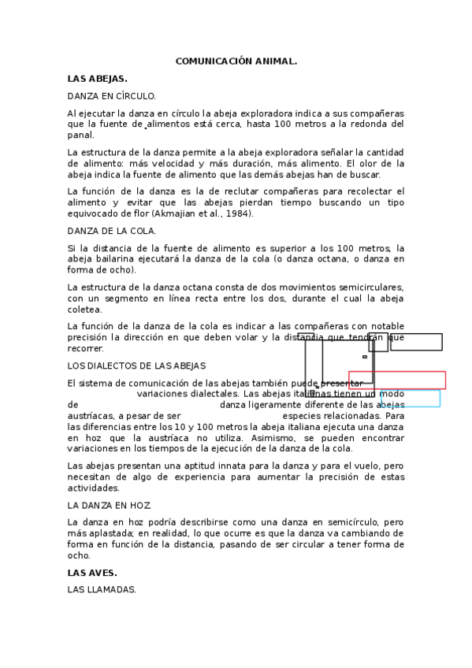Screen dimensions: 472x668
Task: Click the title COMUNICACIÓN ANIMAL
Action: [x=236, y=61]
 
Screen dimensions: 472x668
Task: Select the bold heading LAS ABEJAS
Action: [x=97, y=79]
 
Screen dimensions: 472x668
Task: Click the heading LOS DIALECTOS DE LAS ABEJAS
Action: [x=136, y=366]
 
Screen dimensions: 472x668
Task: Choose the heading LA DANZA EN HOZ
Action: [x=110, y=505]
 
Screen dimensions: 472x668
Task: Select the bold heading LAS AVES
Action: [x=92, y=573]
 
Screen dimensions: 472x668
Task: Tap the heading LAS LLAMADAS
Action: [x=102, y=589]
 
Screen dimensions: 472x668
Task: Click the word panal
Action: [x=80, y=135]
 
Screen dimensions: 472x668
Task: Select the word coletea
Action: [x=85, y=310]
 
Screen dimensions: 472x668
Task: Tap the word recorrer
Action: [x=85, y=348]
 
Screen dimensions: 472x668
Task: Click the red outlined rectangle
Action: [x=397, y=380]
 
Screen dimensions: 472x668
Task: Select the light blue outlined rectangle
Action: [x=411, y=399]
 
